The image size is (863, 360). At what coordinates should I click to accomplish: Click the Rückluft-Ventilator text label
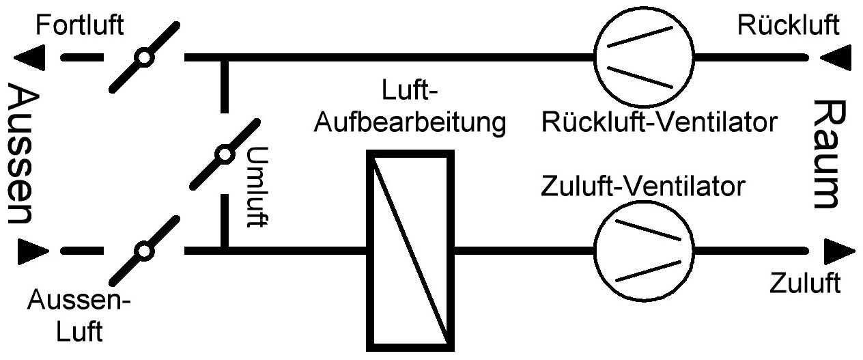point(658,124)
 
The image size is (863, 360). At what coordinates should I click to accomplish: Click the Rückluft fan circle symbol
point(642,56)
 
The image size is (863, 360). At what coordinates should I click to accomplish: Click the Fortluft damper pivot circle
point(143,57)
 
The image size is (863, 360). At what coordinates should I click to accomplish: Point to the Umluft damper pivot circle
point(224,154)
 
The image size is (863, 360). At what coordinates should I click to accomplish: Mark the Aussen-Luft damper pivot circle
point(143,251)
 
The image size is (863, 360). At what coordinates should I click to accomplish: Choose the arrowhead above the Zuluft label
point(834,251)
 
